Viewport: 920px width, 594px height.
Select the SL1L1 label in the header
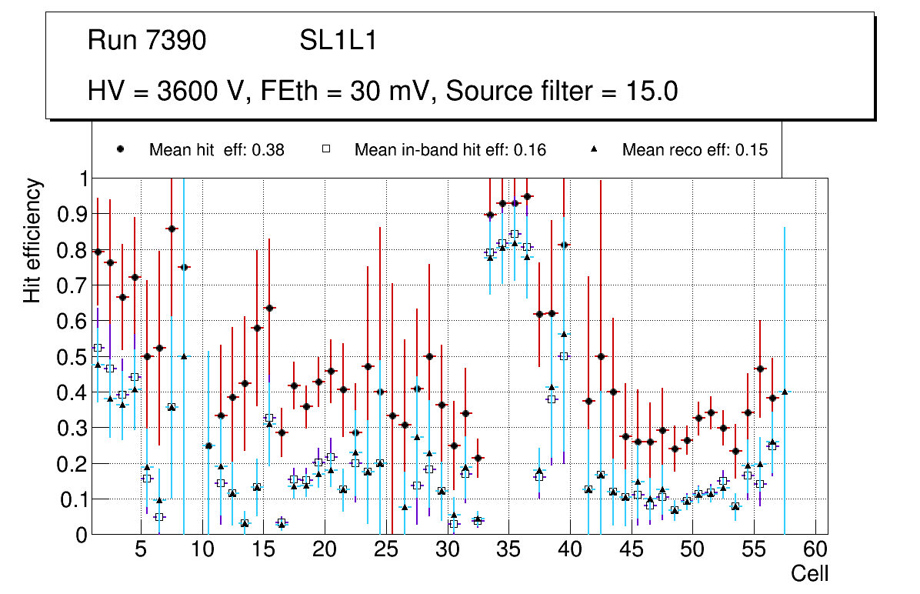pos(338,41)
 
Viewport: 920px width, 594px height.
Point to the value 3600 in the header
pos(188,92)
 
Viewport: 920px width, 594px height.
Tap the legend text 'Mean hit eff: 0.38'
pos(216,150)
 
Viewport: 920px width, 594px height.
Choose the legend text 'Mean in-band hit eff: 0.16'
pos(450,150)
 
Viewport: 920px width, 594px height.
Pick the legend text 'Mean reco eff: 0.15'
pos(695,150)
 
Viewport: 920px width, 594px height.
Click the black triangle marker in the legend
pos(595,149)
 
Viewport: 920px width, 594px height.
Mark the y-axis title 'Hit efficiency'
pos(33,241)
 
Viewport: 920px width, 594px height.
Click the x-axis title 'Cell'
pos(810,573)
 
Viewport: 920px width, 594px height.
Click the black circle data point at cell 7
pos(172,229)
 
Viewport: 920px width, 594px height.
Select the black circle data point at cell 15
pos(269,308)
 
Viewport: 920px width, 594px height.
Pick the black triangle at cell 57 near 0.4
pos(785,392)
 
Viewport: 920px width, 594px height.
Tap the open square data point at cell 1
pos(98,348)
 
